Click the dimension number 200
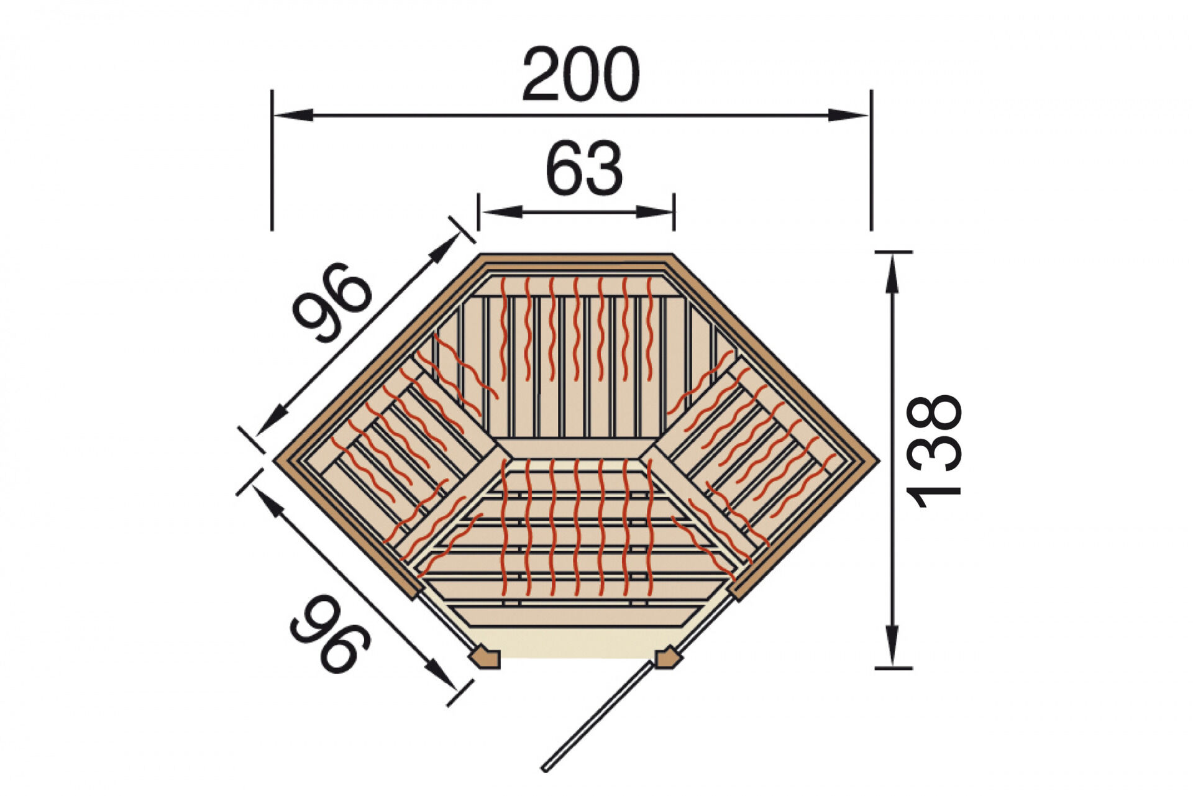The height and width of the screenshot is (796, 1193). (581, 74)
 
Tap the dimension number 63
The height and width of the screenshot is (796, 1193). (584, 168)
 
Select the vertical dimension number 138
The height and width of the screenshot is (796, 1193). (934, 452)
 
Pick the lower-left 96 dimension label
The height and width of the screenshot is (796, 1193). (330, 634)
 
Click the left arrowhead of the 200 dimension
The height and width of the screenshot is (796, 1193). (293, 115)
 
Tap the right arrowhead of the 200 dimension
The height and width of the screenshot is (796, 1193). (849, 115)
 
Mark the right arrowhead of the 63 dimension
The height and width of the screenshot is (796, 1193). (653, 212)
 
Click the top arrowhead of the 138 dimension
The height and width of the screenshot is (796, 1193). (893, 273)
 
